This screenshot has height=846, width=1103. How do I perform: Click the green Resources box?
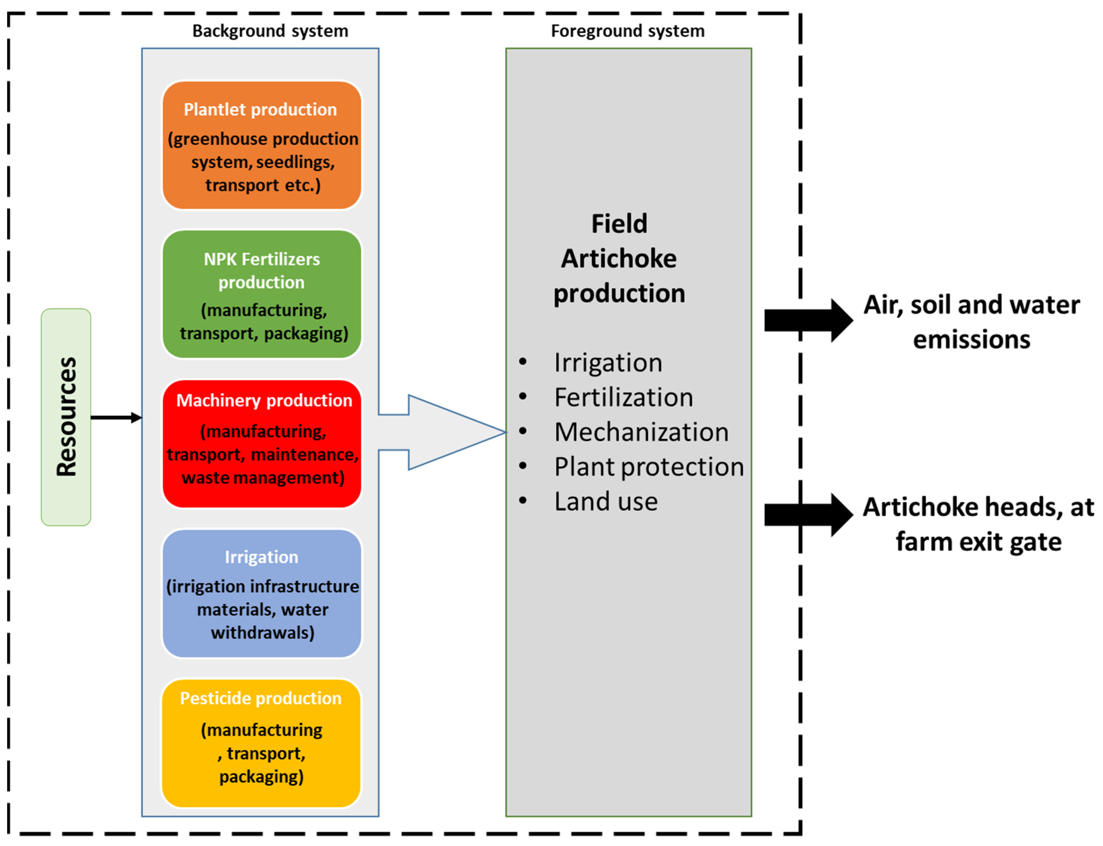66,417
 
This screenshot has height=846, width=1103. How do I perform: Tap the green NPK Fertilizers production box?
261,294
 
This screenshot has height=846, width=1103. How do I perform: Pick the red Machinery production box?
261,443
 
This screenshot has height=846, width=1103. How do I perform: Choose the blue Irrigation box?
261,593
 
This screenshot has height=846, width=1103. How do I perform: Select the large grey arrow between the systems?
443,432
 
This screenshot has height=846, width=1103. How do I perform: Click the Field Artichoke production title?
619,258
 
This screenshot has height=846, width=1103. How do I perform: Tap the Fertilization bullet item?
623,397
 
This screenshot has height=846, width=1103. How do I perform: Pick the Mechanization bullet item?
641,432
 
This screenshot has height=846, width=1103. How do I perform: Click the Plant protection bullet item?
648,467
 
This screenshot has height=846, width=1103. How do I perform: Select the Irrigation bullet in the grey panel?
608,363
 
